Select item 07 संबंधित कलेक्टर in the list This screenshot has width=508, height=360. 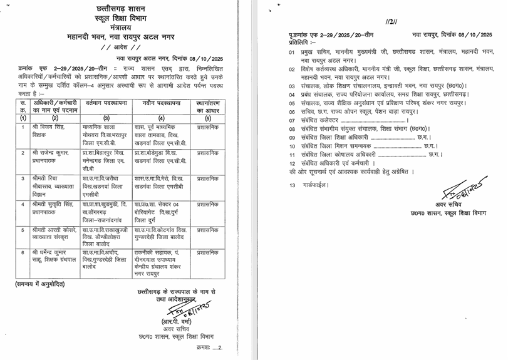click(351, 120)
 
